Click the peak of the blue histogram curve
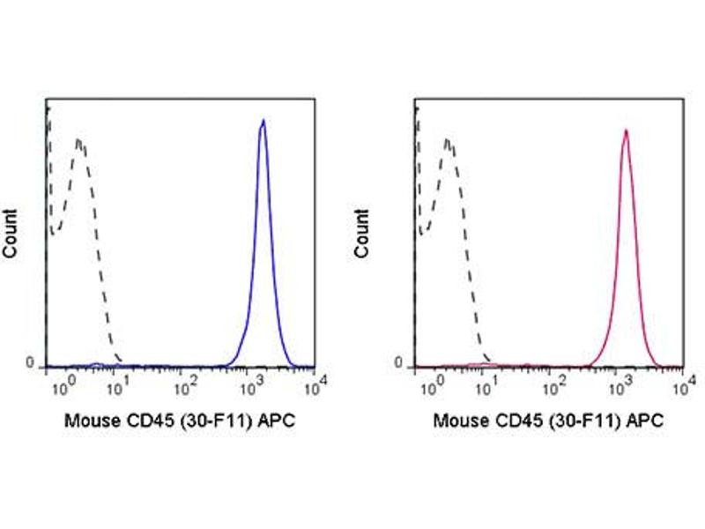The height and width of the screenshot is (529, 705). (263, 121)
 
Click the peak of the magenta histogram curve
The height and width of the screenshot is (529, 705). (625, 131)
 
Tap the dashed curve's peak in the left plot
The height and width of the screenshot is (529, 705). (79, 140)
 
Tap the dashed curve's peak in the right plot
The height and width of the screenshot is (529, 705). (448, 140)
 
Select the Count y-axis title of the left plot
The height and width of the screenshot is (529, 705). (11, 234)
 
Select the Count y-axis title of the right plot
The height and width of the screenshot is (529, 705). (362, 234)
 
